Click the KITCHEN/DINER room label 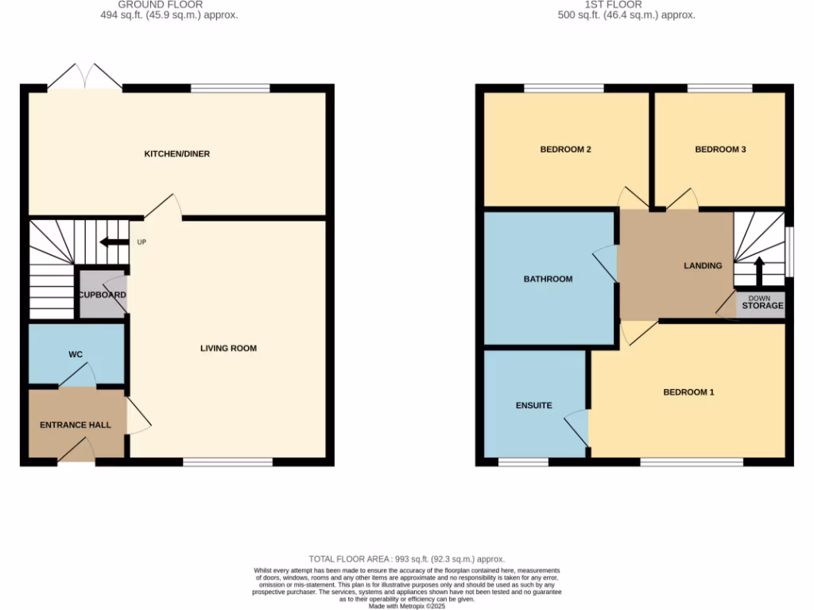point(176,153)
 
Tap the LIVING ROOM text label point(228,348)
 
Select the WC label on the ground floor point(76,354)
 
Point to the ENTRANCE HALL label point(76,425)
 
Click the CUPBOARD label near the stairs point(102,295)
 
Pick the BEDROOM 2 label point(565,149)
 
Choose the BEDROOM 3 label point(719,149)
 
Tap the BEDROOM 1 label point(688,392)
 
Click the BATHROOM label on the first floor point(548,279)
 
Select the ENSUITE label point(533,405)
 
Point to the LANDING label point(703,265)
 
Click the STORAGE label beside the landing point(762,306)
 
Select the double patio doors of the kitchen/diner point(85,78)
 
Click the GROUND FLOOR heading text point(160,5)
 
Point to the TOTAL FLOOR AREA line point(406,559)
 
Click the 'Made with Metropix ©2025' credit point(406,606)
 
